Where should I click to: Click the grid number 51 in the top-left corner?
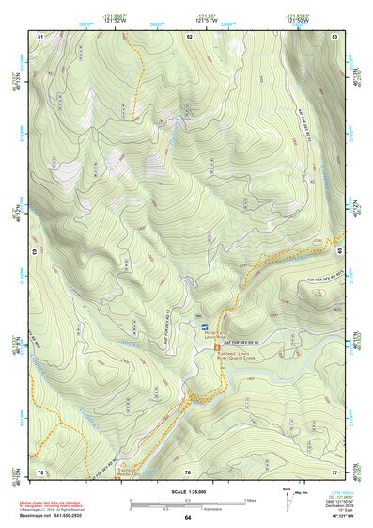click(x=40, y=36)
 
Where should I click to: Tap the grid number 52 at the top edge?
click(x=189, y=36)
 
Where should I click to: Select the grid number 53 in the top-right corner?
click(x=334, y=36)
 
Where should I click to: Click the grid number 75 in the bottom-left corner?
click(x=40, y=471)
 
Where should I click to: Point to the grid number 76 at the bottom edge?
click(x=188, y=471)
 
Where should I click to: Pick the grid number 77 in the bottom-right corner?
click(x=334, y=471)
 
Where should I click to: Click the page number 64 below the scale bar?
click(x=188, y=517)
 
